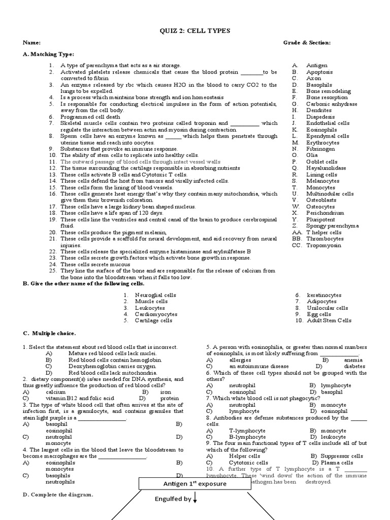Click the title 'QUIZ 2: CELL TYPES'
[195, 31]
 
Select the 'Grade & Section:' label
[307, 43]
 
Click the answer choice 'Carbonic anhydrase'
[332, 104]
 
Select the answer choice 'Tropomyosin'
[323, 245]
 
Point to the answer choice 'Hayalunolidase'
[326, 168]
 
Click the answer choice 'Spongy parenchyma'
[332, 226]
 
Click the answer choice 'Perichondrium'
[325, 213]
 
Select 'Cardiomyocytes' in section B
[156, 314]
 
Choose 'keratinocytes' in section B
[324, 295]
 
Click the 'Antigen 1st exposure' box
[194, 484]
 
